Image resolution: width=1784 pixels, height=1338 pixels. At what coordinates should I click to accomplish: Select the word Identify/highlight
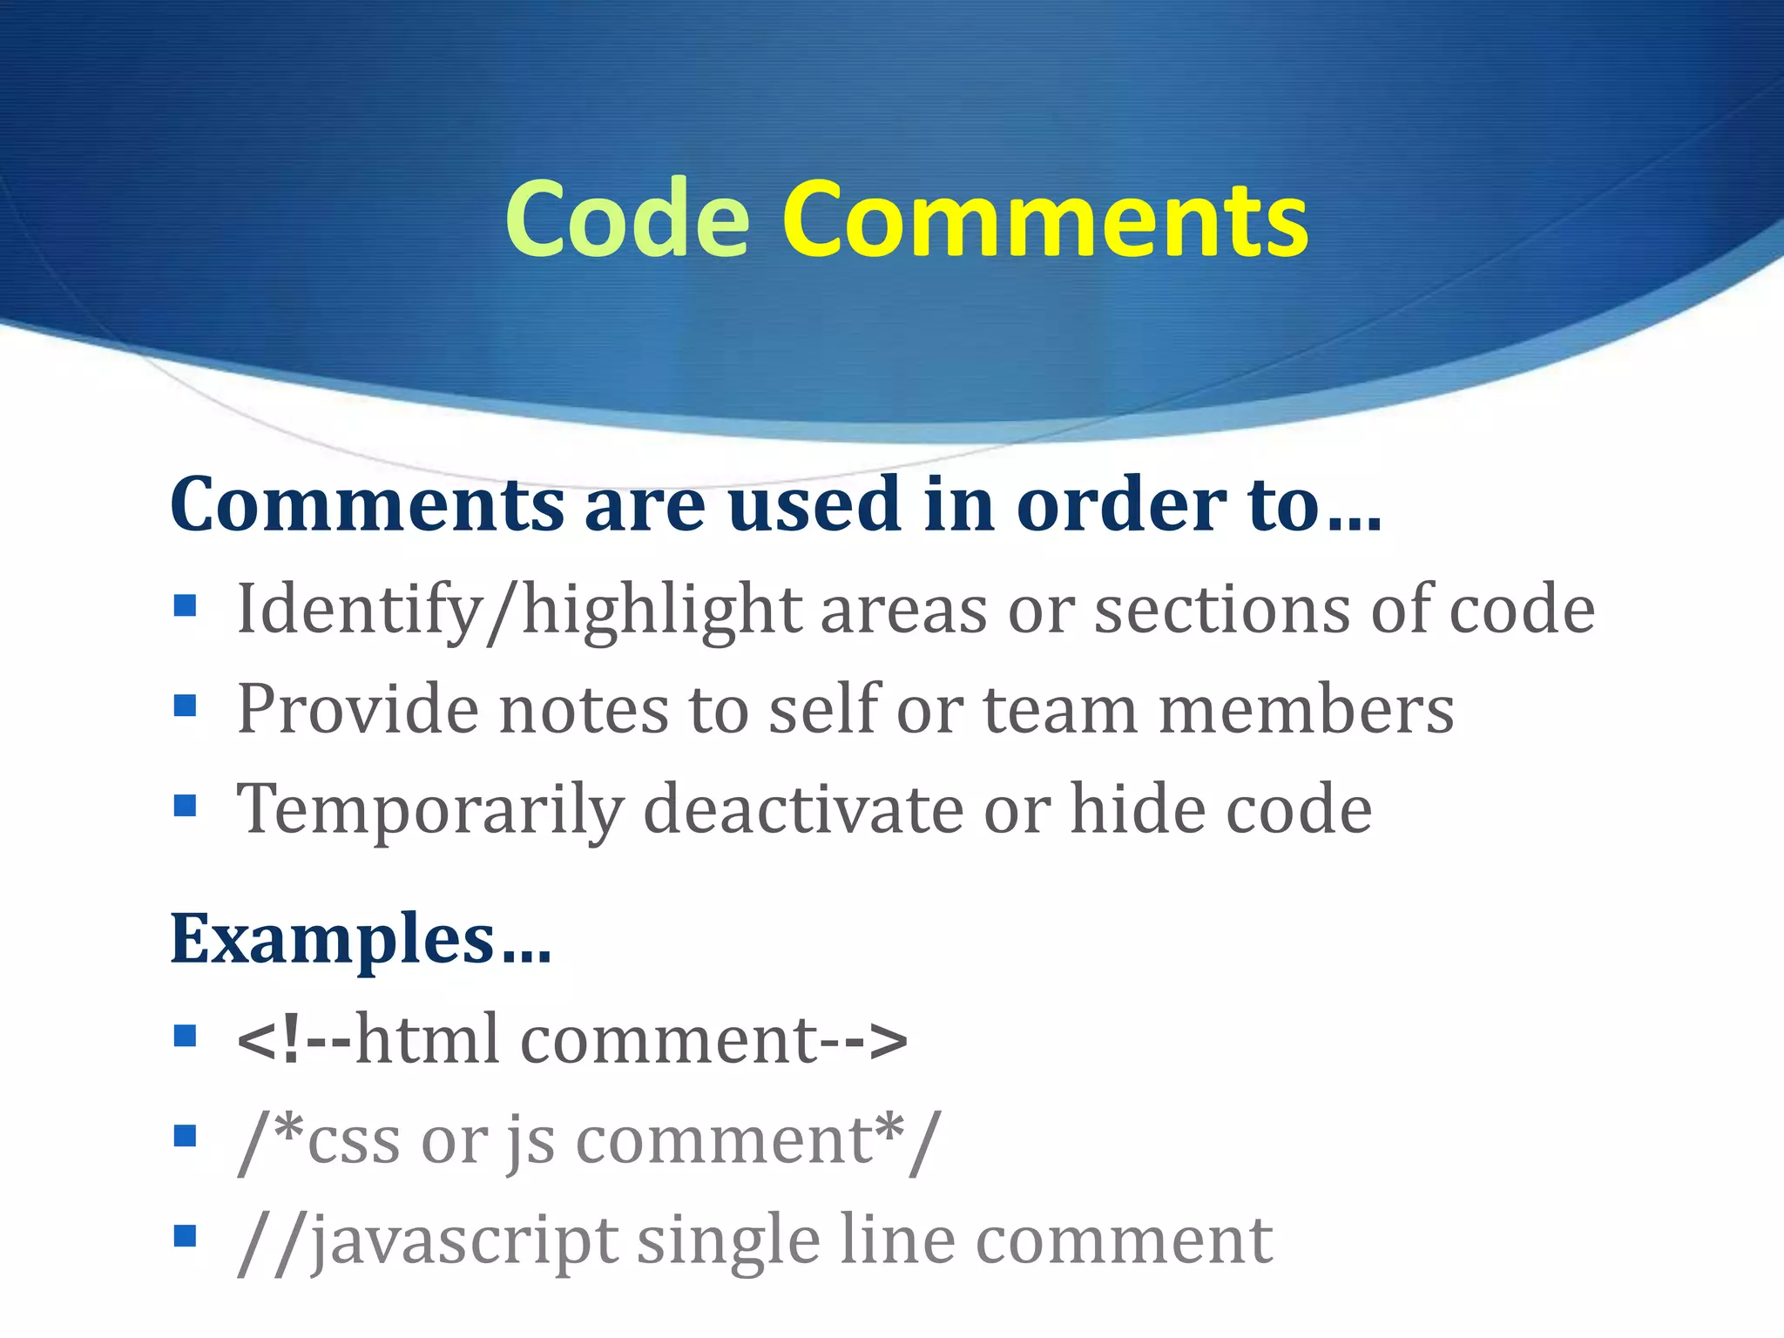click(x=519, y=610)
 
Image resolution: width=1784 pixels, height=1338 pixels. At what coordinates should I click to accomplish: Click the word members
click(x=1306, y=709)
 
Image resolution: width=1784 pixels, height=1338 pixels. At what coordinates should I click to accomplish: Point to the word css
click(x=354, y=1139)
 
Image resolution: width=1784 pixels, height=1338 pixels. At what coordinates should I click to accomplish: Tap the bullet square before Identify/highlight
click(x=185, y=605)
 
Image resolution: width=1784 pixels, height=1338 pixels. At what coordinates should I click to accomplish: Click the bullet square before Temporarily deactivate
click(x=185, y=805)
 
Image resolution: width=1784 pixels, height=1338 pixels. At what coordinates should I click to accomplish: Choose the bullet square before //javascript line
click(x=185, y=1236)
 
